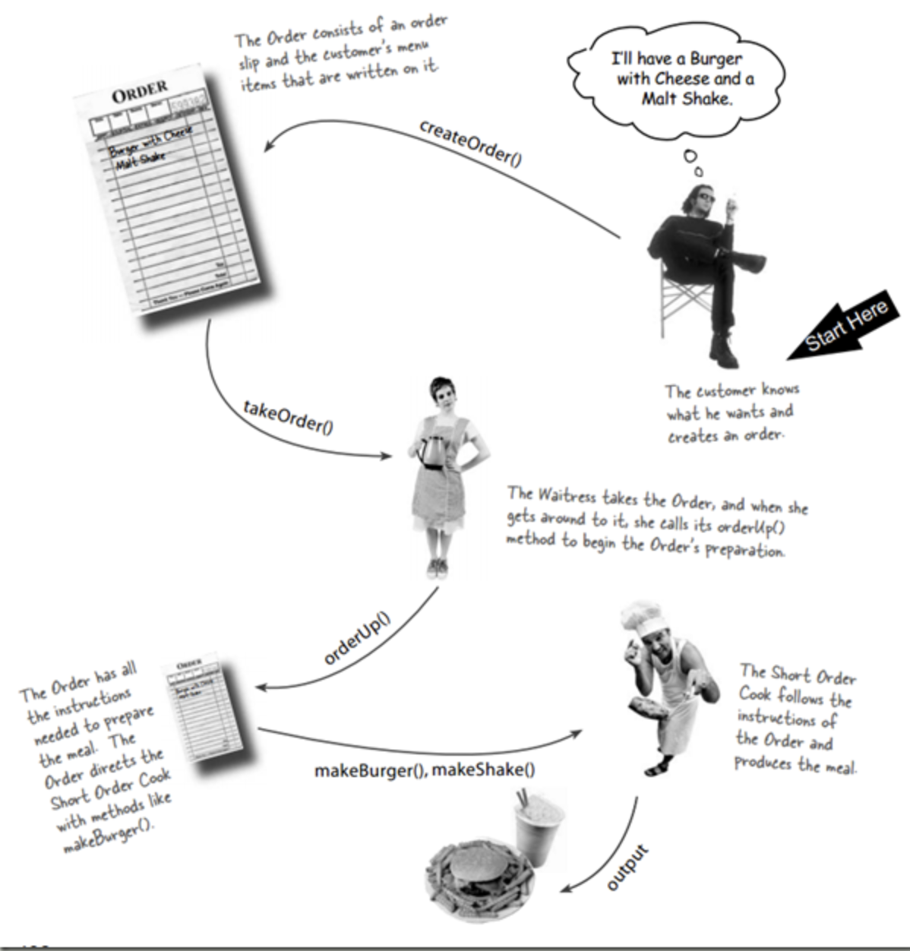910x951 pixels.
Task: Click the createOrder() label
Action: (x=470, y=143)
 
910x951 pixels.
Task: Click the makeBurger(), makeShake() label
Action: (x=425, y=770)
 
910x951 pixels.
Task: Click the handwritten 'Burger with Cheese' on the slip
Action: (x=150, y=142)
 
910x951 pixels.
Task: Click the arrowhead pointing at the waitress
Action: (x=387, y=456)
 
